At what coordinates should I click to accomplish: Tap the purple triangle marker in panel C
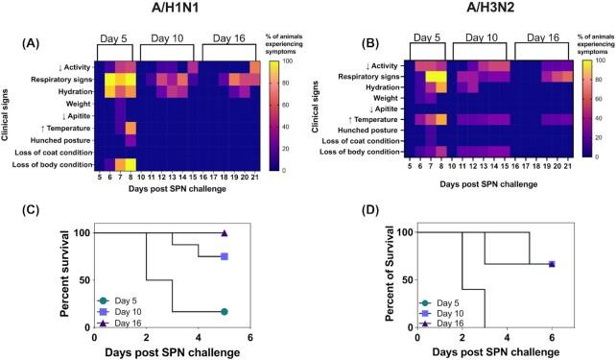[x=225, y=233]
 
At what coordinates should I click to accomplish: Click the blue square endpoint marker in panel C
[x=225, y=256]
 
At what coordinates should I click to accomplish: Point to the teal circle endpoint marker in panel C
[x=225, y=311]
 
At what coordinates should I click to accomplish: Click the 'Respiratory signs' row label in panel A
[x=59, y=79]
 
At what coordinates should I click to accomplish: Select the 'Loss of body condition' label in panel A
[x=52, y=164]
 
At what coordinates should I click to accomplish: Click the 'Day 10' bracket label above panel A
[x=169, y=39]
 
